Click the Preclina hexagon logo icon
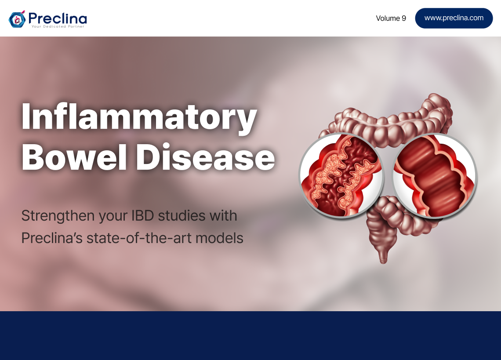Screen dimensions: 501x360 tap(17, 19)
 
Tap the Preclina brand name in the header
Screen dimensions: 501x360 tap(58, 18)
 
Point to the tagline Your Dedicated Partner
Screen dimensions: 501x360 tap(58, 26)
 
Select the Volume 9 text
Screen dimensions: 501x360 tap(391, 18)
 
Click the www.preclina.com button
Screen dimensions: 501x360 tap(454, 18)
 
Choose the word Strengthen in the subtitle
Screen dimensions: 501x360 tap(58, 216)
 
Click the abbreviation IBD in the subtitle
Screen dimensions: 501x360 tap(142, 216)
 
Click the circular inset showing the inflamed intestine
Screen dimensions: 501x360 tap(341, 175)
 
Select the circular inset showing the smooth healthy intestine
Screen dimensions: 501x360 tap(435, 176)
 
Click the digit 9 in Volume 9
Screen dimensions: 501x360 tap(404, 18)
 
